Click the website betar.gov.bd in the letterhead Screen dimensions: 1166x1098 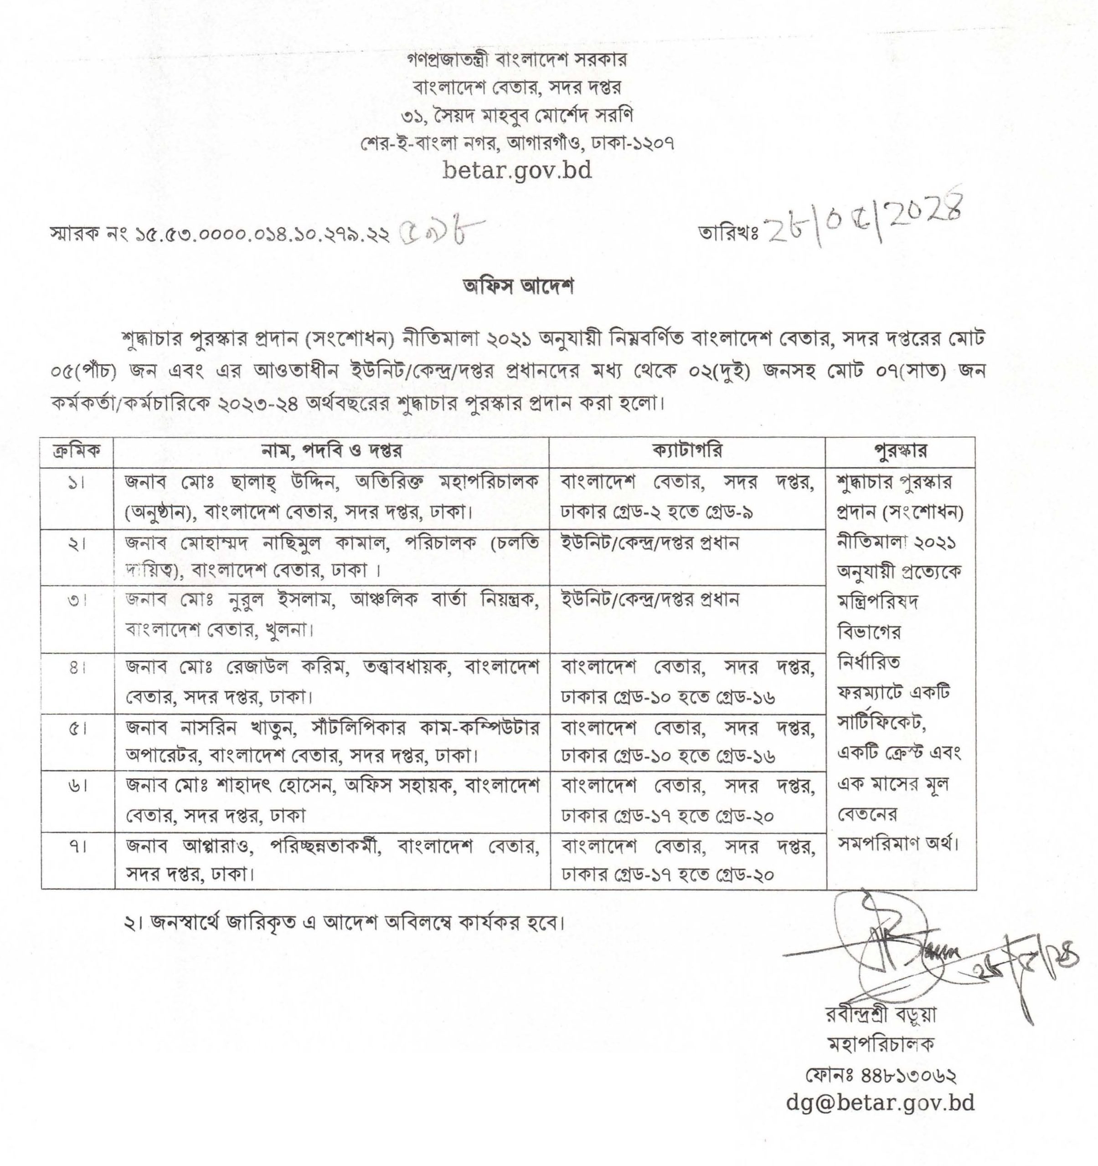click(517, 171)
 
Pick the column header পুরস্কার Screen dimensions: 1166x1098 click(900, 452)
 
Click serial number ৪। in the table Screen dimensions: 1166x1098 click(77, 667)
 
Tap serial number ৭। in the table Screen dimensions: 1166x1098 click(77, 846)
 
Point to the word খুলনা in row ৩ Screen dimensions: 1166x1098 click(288, 630)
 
